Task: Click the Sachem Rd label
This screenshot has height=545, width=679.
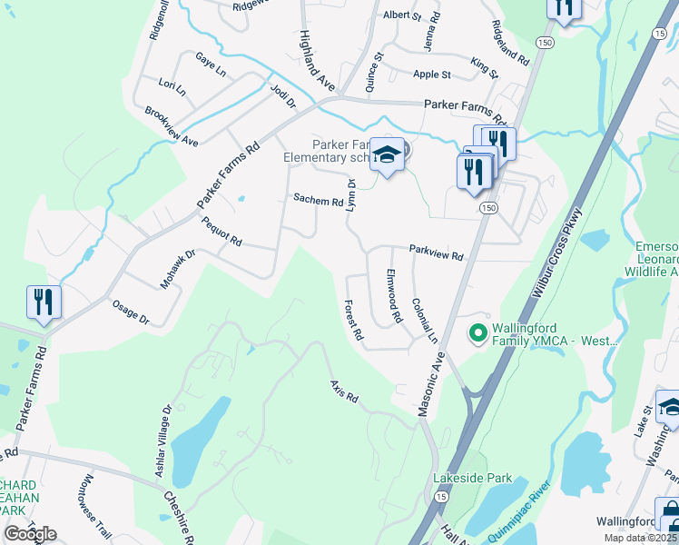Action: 318,201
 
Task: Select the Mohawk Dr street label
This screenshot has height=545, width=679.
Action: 178,269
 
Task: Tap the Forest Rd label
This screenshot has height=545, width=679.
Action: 353,320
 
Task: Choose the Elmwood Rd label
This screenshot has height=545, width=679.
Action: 394,297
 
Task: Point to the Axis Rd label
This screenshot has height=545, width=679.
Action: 345,391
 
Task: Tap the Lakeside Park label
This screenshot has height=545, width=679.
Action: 473,478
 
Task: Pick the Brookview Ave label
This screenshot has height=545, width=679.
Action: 171,126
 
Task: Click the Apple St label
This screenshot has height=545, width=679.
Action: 432,74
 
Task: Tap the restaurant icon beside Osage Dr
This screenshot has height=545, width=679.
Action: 44,302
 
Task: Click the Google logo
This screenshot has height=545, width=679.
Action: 30,534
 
